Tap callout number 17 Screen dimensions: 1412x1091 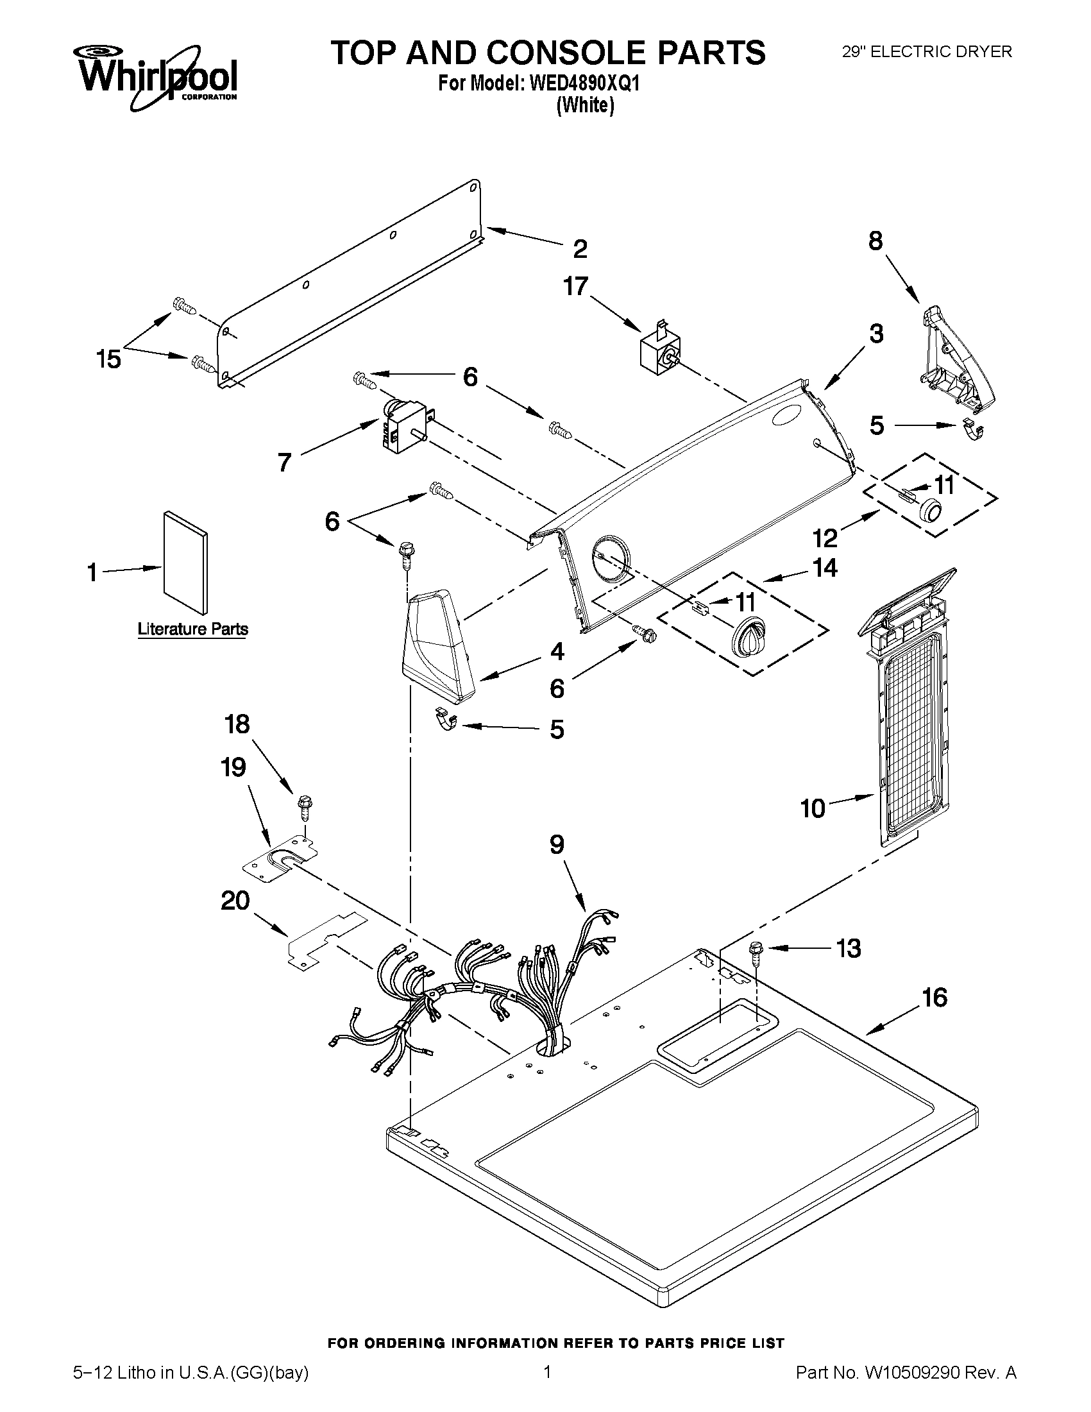(x=575, y=285)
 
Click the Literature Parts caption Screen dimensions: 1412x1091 (x=192, y=629)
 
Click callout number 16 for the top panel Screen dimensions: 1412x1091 (x=935, y=998)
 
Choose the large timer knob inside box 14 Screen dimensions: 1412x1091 (x=748, y=637)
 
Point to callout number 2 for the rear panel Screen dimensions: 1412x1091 (x=580, y=248)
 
